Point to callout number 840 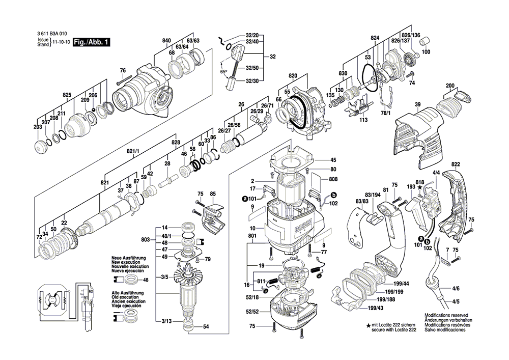pos(166,40)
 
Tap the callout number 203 pos(38,127)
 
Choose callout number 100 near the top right pos(426,52)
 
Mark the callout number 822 pos(456,164)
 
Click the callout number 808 pos(333,179)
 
